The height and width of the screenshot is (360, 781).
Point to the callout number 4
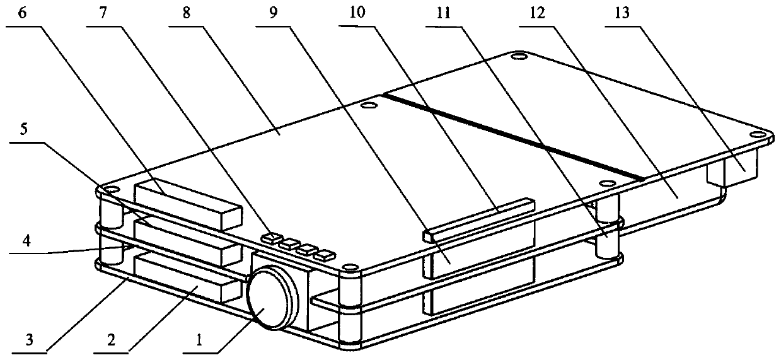tap(26, 241)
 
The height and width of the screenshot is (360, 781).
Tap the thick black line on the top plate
tap(514, 137)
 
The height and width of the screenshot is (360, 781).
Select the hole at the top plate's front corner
tap(348, 270)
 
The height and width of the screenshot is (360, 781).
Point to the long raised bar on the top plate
tap(479, 218)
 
